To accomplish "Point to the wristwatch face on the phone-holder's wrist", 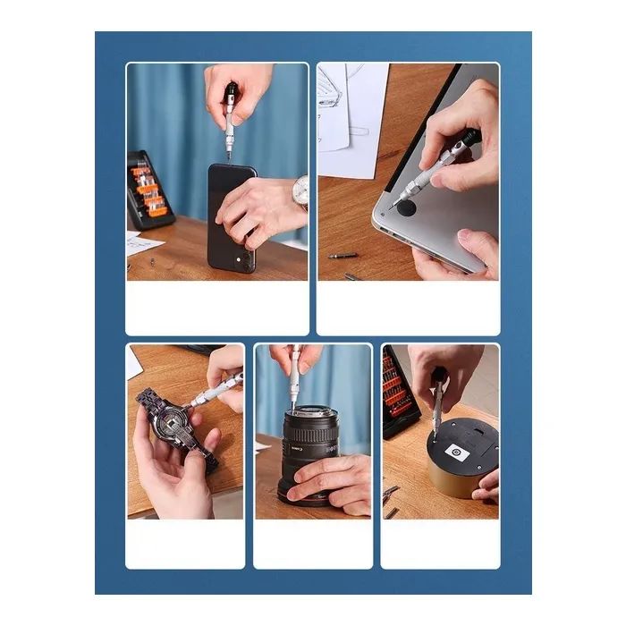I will tap(301, 190).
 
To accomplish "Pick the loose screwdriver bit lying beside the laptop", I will tap(343, 256).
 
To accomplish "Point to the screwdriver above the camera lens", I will tap(294, 376).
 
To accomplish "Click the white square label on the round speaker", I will tap(456, 453).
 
